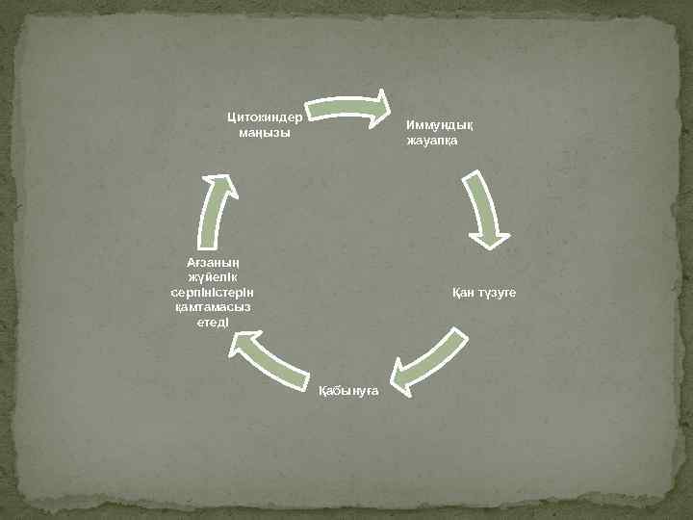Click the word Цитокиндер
pyautogui.click(x=264, y=117)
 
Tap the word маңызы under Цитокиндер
pyautogui.click(x=264, y=132)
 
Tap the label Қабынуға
pyautogui.click(x=348, y=389)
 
